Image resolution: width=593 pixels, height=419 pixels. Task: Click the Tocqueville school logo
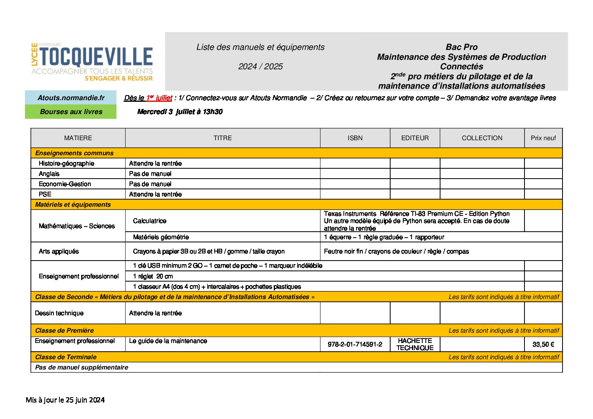[92, 62]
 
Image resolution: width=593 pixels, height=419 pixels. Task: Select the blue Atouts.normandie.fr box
[71, 98]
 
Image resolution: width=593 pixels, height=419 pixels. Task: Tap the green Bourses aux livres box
[71, 112]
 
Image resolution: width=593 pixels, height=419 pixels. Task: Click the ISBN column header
[355, 138]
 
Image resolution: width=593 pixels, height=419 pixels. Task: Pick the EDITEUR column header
[415, 138]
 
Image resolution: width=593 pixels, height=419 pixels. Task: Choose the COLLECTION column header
[482, 138]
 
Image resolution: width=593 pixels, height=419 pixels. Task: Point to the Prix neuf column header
[543, 138]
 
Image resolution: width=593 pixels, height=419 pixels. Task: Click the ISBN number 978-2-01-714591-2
[355, 345]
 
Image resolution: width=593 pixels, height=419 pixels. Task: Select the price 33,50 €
[543, 345]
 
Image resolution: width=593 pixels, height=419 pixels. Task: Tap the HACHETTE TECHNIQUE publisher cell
[415, 344]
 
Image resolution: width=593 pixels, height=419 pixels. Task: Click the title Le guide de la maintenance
[168, 341]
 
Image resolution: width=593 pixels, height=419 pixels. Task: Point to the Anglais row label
[49, 174]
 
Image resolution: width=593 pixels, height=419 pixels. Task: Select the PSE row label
[45, 194]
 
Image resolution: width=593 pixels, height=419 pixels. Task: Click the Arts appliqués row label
[59, 251]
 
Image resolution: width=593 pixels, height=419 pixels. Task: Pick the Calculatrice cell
[150, 221]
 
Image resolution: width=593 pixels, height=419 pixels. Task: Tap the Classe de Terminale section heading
[66, 357]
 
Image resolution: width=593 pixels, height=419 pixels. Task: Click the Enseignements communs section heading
[74, 153]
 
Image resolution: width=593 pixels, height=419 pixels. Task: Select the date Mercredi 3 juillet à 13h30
[180, 112]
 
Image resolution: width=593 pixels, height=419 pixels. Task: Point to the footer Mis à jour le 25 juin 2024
[65, 400]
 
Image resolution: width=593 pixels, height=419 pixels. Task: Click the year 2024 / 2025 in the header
[260, 67]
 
